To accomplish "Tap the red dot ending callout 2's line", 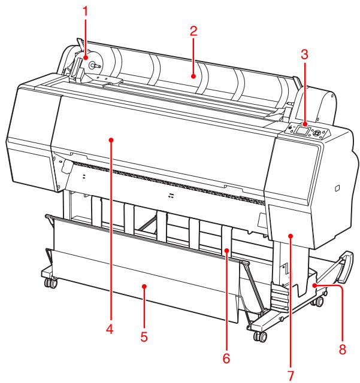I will coord(193,76).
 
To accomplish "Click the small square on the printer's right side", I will coord(337,189).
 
